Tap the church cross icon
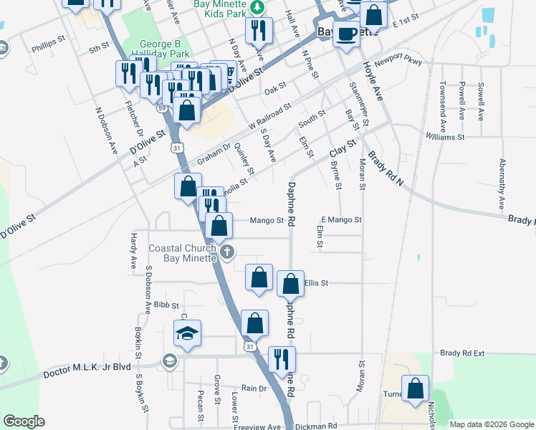point(228,251)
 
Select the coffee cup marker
point(347,34)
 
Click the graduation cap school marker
point(187,334)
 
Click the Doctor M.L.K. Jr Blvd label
point(87,368)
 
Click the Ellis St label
point(316,283)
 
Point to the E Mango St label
point(341,220)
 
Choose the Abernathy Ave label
point(502,186)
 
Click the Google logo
point(24,421)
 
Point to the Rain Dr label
point(254,388)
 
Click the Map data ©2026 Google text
point(492,424)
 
